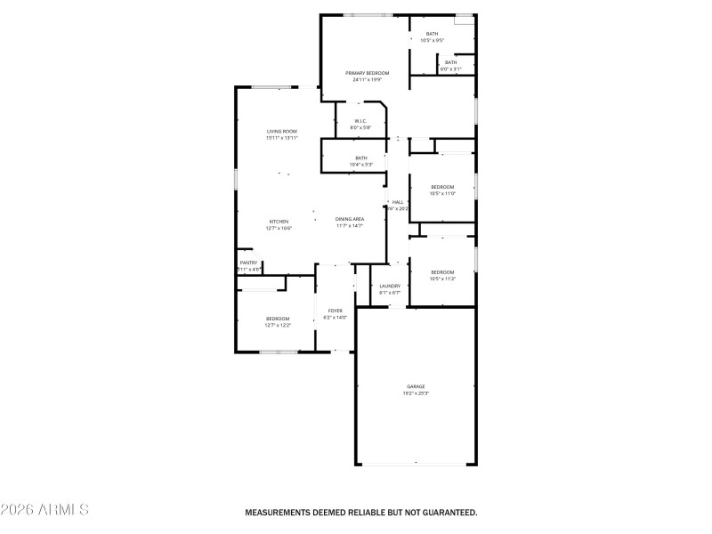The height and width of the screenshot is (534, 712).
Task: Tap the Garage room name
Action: [x=417, y=386]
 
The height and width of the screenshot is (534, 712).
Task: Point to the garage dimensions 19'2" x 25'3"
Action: [x=417, y=393]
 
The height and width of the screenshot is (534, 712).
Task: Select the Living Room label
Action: [x=281, y=131]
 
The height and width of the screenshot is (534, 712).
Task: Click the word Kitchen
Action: [x=279, y=221]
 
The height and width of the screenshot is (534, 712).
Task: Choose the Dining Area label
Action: [x=350, y=219]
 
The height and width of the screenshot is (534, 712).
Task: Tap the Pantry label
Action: [x=248, y=263]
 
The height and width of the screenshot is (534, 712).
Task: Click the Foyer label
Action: [x=335, y=311]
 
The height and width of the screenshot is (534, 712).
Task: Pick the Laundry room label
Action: [x=390, y=286]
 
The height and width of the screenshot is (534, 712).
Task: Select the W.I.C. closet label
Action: [x=360, y=121]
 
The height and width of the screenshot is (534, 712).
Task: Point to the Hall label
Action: [x=398, y=202]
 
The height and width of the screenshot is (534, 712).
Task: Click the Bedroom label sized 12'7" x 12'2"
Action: [x=277, y=319]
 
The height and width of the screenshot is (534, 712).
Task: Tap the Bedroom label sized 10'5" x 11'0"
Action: [x=442, y=186]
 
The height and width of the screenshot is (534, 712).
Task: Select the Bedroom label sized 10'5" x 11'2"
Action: [x=442, y=271]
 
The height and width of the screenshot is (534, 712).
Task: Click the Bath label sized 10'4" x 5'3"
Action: [x=360, y=158]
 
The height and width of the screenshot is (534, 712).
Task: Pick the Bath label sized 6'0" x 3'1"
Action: [x=450, y=61]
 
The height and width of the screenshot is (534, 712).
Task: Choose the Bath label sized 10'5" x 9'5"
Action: [x=432, y=34]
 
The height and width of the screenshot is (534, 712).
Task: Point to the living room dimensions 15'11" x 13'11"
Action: [x=281, y=138]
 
